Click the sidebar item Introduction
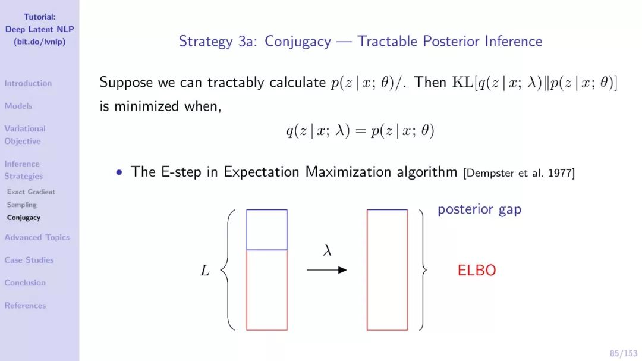pyautogui.click(x=28, y=83)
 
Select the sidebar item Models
pyautogui.click(x=18, y=106)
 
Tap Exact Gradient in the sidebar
pyautogui.click(x=31, y=192)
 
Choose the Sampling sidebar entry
pyautogui.click(x=22, y=205)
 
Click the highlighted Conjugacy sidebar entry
pyautogui.click(x=23, y=218)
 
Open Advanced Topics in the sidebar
pyautogui.click(x=37, y=237)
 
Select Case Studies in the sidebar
pyautogui.click(x=29, y=260)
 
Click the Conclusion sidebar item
pyautogui.click(x=25, y=282)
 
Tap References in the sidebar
pyautogui.click(x=25, y=305)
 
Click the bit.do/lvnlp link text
pyautogui.click(x=40, y=42)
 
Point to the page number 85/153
pyautogui.click(x=624, y=353)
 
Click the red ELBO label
pyautogui.click(x=477, y=271)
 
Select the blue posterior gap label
pyautogui.click(x=480, y=209)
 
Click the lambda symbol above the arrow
pyautogui.click(x=327, y=250)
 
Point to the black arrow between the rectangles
pyautogui.click(x=327, y=269)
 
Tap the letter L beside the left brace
pyautogui.click(x=204, y=271)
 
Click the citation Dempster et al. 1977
pyautogui.click(x=519, y=173)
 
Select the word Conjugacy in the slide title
pyautogui.click(x=298, y=42)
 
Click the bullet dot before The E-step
pyautogui.click(x=119, y=172)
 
